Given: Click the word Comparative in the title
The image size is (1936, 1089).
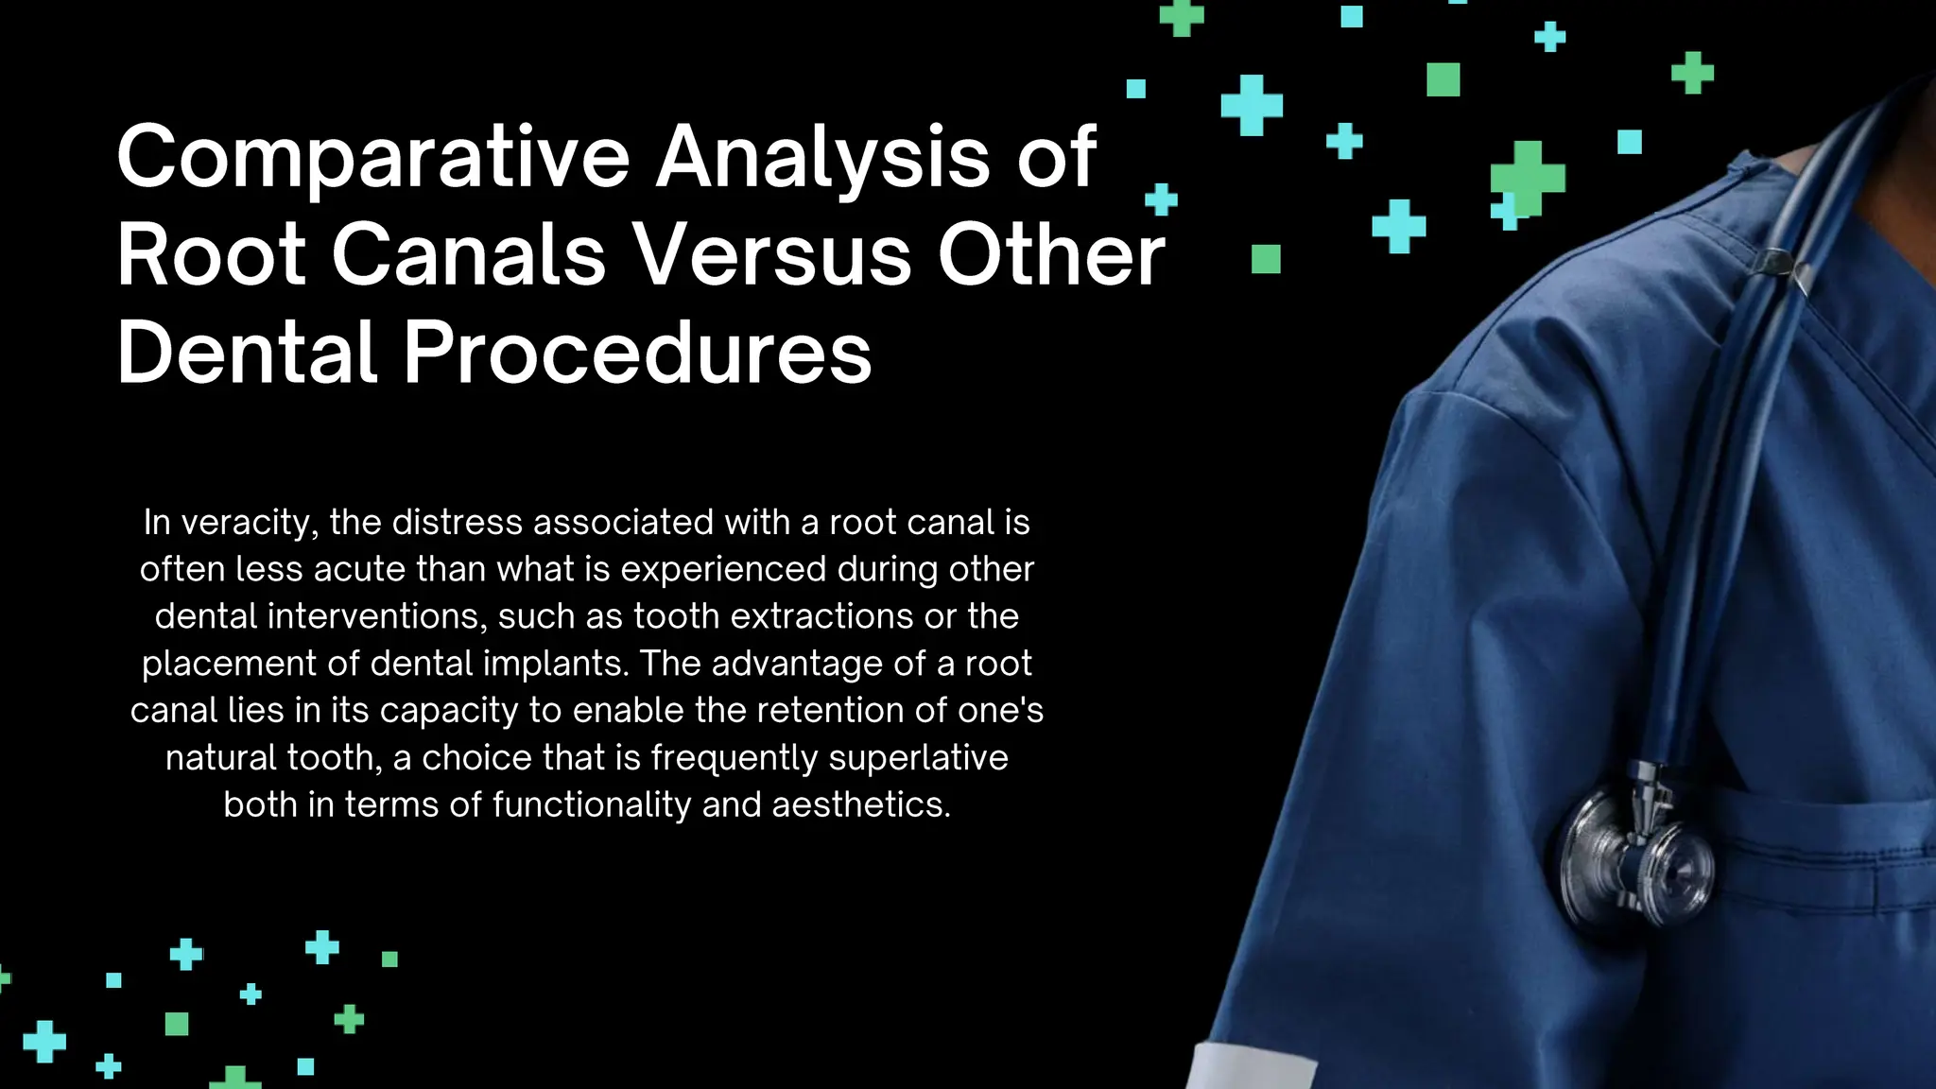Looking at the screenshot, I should (x=372, y=158).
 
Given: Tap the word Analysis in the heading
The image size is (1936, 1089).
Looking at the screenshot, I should (x=822, y=158).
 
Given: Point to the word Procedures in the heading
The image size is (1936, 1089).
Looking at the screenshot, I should (x=637, y=353).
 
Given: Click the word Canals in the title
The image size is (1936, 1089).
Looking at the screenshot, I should (x=468, y=255).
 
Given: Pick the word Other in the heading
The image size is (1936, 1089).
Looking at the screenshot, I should (x=1051, y=255).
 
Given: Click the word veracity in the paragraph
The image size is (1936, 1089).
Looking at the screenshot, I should (x=249, y=523).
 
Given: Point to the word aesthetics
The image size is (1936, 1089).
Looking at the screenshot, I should (x=861, y=805).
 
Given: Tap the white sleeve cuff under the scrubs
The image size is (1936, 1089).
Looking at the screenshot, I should (x=1248, y=1068).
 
